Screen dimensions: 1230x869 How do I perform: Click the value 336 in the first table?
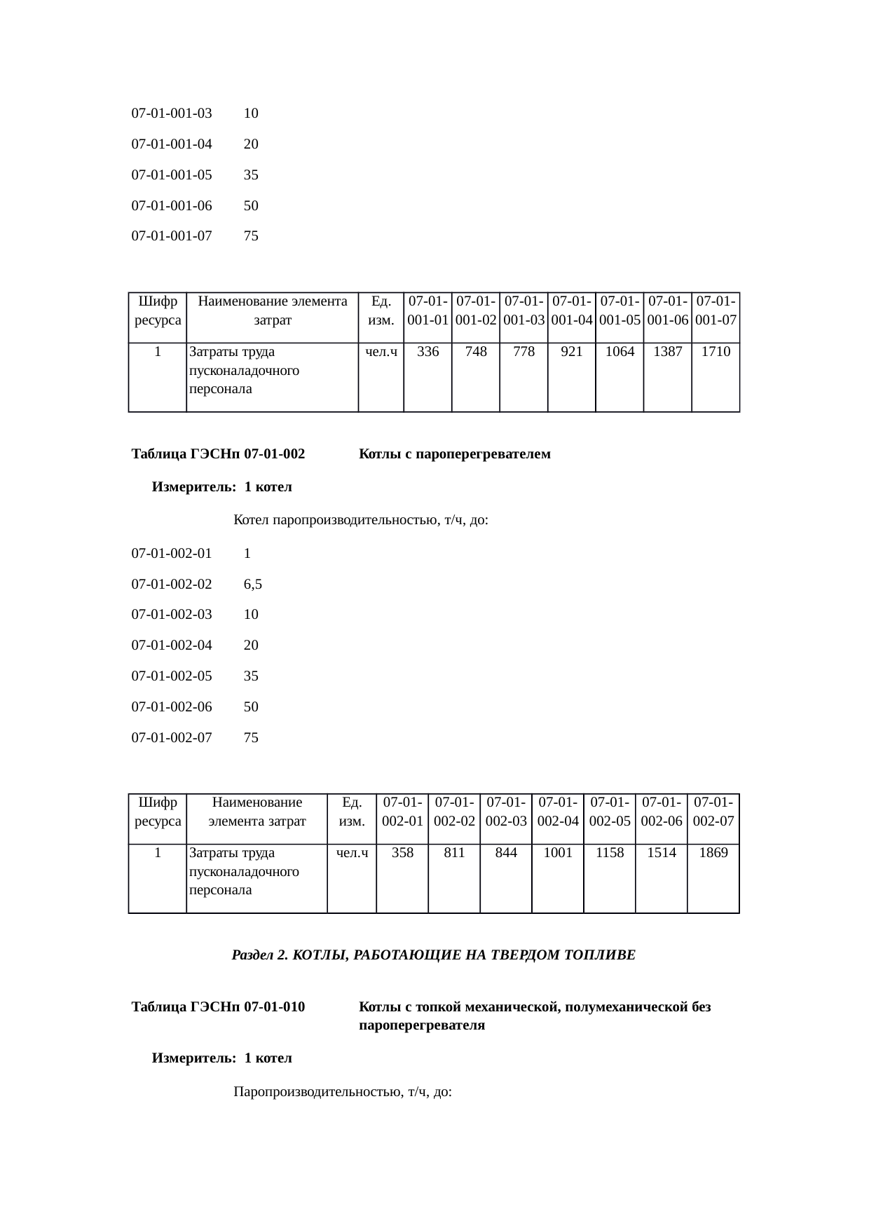(427, 352)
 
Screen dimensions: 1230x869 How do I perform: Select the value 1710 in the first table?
(716, 352)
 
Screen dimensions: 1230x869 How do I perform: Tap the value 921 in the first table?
(571, 352)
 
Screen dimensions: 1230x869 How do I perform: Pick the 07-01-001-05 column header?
(620, 310)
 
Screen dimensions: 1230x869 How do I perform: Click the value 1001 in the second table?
(558, 853)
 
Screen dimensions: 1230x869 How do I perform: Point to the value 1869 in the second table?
(713, 853)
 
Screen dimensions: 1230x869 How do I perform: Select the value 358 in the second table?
(402, 853)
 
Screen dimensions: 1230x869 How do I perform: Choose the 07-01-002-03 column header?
(506, 812)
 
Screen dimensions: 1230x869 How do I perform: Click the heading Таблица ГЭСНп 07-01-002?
(218, 454)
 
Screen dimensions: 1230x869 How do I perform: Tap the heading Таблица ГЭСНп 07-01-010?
(218, 1007)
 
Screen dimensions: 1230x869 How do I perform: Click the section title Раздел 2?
(433, 955)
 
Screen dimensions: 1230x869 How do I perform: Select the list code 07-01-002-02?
(172, 584)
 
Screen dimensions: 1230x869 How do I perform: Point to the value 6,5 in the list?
(253, 584)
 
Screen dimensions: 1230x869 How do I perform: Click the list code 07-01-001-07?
(172, 236)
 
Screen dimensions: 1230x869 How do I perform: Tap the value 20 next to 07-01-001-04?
(251, 144)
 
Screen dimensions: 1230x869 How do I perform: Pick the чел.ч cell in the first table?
(381, 352)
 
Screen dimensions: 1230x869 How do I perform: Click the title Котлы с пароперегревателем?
(454, 454)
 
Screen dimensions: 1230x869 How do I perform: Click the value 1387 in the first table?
(667, 352)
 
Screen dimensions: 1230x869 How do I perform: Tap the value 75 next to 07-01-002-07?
(251, 737)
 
